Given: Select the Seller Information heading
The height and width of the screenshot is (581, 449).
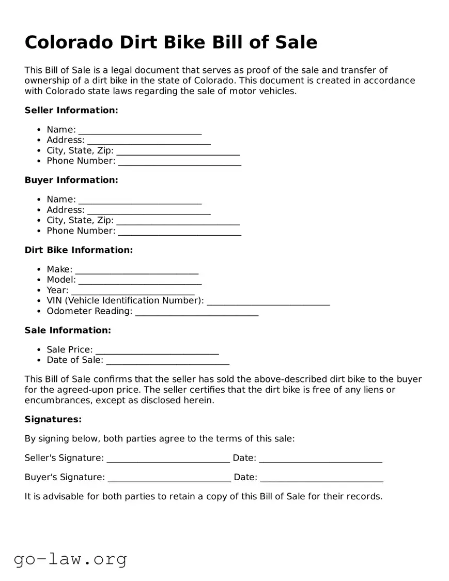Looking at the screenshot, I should (71, 110).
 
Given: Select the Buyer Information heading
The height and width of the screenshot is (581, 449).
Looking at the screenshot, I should (71, 180).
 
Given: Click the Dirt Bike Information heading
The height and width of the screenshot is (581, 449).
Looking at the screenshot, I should (79, 250).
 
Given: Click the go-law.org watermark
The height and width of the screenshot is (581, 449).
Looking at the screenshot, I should (70, 559).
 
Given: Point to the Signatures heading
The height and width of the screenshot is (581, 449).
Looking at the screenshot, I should (53, 420).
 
